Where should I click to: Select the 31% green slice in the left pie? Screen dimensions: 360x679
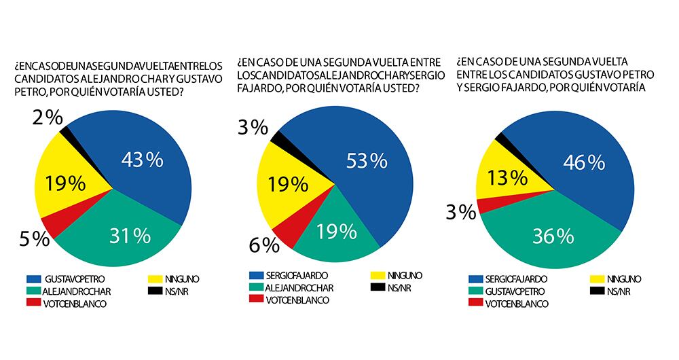(129, 235)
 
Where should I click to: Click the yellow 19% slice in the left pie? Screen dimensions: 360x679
(65, 183)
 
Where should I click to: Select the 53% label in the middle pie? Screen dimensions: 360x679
(366, 161)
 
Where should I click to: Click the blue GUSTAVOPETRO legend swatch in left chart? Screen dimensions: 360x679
(32, 278)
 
